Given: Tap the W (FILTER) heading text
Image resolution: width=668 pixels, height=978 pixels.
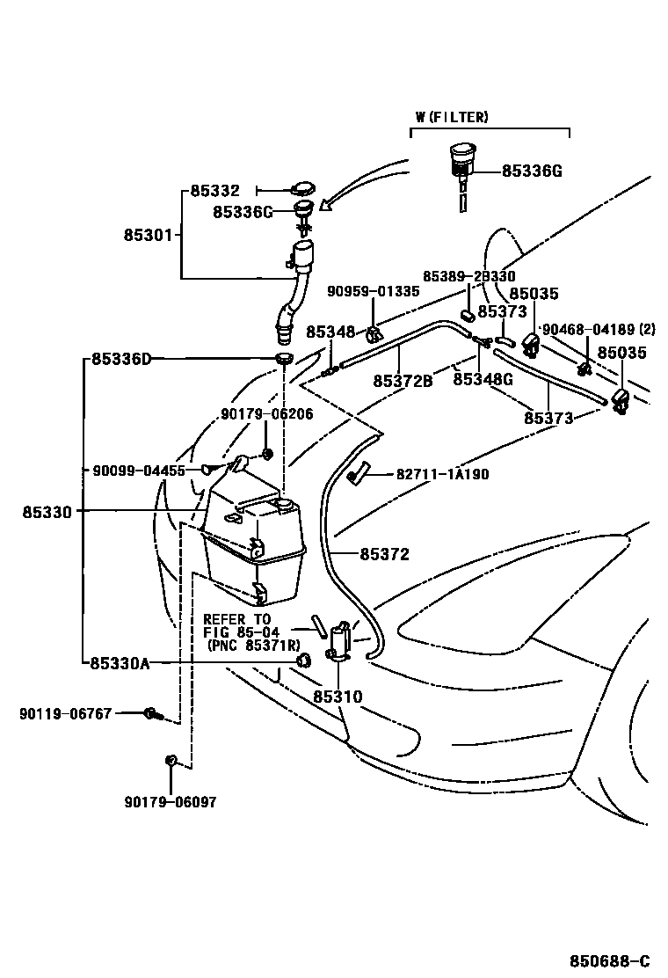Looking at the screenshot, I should click(x=452, y=117).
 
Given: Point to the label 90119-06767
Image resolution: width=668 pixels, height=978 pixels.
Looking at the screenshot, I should click(x=65, y=713).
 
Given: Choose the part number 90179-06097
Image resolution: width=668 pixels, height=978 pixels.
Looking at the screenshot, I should click(x=170, y=801).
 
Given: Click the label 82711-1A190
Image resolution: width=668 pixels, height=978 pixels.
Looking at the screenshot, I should click(x=442, y=474).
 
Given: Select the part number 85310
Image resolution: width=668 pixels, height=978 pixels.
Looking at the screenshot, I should click(x=338, y=697).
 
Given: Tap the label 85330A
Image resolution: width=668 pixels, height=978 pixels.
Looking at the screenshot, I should click(x=120, y=663).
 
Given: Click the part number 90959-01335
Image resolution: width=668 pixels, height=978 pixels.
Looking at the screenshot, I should click(x=373, y=291).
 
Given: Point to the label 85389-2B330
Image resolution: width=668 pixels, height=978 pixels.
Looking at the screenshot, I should click(x=468, y=276).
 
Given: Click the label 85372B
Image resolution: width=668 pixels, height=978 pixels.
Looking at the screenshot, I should click(x=403, y=381).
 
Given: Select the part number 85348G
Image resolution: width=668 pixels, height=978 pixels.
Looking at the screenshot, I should click(x=483, y=380).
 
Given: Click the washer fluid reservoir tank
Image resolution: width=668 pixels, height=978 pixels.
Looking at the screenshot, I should click(x=254, y=550).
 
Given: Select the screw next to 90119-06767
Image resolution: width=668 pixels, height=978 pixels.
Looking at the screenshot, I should click(x=151, y=713).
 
